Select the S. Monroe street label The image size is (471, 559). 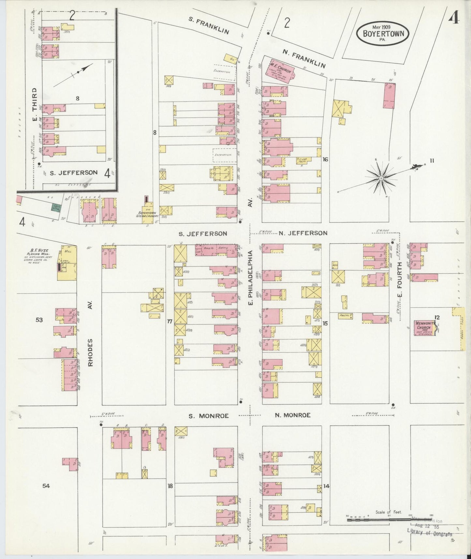(209, 416)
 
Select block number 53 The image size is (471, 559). (39, 320)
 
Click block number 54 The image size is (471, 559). (46, 486)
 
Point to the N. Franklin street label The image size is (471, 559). (303, 60)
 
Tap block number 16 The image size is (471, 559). (325, 159)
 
